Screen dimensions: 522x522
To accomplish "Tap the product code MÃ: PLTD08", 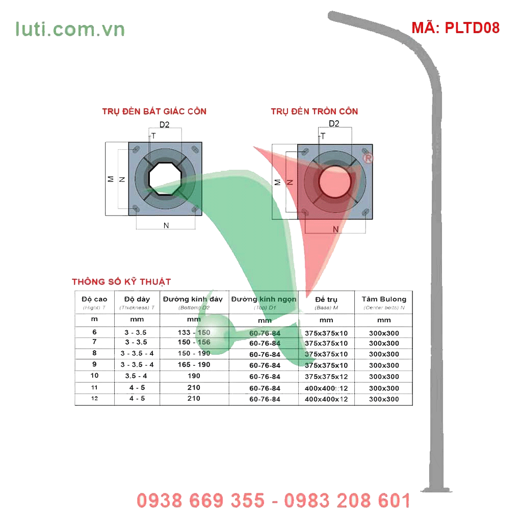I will pos(455,28).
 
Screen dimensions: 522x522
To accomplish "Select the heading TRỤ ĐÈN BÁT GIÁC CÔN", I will pos(154,111).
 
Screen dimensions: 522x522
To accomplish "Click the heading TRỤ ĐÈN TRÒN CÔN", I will pos(314,111).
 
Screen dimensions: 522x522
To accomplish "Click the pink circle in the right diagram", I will pos(335,181).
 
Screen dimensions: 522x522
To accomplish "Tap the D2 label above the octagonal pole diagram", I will pos(164,124).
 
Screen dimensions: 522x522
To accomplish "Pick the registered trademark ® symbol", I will pos(368,159).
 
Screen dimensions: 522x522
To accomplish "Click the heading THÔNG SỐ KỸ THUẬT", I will pos(121,282).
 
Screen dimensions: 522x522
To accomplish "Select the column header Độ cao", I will pos(94,299).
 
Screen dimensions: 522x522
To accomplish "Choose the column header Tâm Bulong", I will pos(384,299).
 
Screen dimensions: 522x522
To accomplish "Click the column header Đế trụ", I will pos(326,299).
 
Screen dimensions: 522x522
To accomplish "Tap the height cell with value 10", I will pos(94,376).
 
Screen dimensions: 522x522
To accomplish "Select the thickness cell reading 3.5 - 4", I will pos(137,376).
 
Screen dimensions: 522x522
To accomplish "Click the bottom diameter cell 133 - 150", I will pos(194,332).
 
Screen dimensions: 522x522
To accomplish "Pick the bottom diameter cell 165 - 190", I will pos(194,365).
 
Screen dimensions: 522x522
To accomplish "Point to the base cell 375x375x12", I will pos(326,377).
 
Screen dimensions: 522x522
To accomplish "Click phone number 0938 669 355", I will pos(201,501).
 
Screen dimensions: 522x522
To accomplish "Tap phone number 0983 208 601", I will pos(347,501).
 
